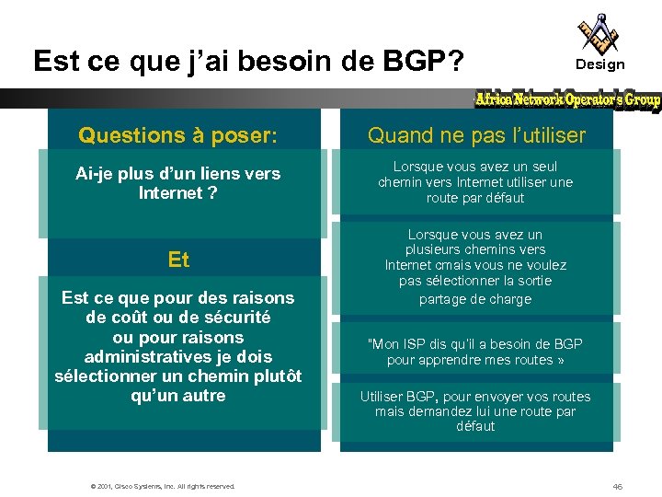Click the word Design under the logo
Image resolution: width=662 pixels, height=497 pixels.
pyautogui.click(x=599, y=64)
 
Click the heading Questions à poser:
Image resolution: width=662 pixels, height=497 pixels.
pyautogui.click(x=177, y=135)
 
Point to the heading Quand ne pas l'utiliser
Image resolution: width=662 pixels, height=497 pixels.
pyautogui.click(x=476, y=135)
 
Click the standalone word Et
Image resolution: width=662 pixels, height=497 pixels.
pyautogui.click(x=178, y=260)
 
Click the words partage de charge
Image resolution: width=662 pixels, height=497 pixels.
pyautogui.click(x=475, y=298)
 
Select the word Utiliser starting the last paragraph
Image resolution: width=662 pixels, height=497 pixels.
pyautogui.click(x=386, y=397)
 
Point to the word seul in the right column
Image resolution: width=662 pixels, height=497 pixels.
pyautogui.click(x=542, y=167)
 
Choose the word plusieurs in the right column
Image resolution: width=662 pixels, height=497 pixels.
pyautogui.click(x=433, y=249)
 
